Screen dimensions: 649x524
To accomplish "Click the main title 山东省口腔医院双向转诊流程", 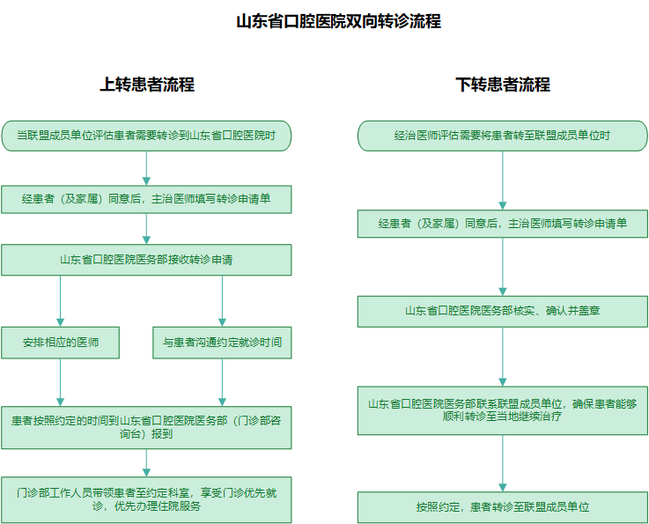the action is [x=338, y=21].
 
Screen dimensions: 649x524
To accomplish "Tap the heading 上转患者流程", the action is [x=147, y=85].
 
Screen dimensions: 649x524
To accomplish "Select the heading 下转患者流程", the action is [x=503, y=85].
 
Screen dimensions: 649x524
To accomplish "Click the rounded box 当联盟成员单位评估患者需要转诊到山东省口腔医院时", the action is [x=146, y=136].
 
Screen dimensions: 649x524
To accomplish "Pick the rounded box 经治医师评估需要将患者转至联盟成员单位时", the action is [x=503, y=136].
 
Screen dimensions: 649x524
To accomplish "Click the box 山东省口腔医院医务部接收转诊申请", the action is [x=146, y=260].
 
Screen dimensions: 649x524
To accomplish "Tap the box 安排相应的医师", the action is [x=61, y=343].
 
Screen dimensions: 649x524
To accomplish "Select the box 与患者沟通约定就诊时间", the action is [x=222, y=343].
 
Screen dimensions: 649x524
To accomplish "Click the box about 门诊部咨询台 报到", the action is [x=146, y=427].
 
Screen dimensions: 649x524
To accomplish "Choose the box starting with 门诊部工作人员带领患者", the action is [x=146, y=499].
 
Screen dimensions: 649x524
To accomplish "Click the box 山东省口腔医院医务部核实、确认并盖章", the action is [x=503, y=311].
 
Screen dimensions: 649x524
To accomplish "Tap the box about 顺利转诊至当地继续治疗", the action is [x=503, y=410].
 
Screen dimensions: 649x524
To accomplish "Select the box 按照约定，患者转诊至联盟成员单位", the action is [x=503, y=507].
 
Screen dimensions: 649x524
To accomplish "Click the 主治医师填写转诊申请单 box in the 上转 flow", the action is [x=146, y=199].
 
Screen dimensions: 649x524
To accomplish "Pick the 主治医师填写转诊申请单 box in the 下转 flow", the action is [x=503, y=224].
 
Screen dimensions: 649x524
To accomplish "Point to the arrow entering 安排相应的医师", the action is [x=61, y=301].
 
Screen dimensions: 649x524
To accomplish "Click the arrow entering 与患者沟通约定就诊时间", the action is [x=222, y=301].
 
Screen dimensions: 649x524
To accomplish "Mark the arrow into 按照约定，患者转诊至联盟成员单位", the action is [x=503, y=463].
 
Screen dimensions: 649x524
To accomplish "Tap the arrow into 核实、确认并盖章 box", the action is [x=503, y=267].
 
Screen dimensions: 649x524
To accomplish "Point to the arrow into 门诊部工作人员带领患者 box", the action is [x=146, y=462].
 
